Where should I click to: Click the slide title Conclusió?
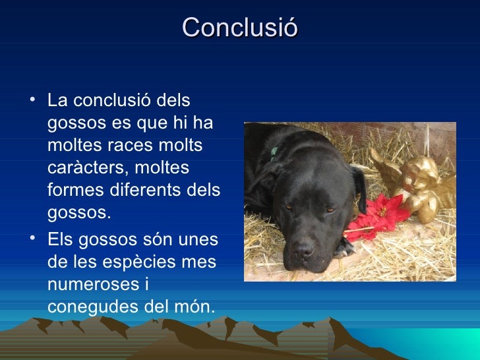click(240, 28)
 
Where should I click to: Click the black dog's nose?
click(304, 250)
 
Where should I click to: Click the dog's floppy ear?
click(359, 187)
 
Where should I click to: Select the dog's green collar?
click(274, 154)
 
